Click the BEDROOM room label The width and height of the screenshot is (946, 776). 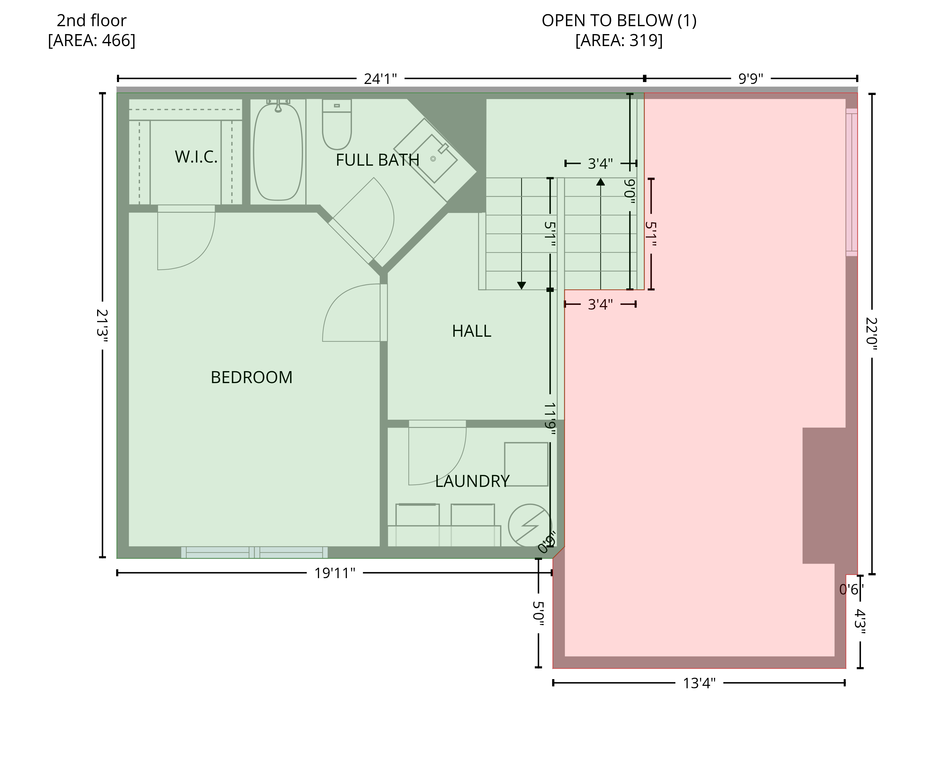(251, 378)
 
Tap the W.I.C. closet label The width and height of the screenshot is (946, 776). (196, 157)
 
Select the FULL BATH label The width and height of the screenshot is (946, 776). (377, 160)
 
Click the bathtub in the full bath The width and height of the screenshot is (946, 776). (278, 151)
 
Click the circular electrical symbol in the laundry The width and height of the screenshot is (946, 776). (530, 526)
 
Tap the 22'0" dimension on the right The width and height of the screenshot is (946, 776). (871, 334)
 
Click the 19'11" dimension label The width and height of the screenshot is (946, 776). (335, 573)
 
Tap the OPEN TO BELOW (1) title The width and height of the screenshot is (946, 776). (619, 21)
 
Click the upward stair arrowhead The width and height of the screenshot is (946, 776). (601, 182)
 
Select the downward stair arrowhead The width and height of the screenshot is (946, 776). (521, 286)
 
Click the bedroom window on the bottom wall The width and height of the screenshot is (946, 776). (254, 553)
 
